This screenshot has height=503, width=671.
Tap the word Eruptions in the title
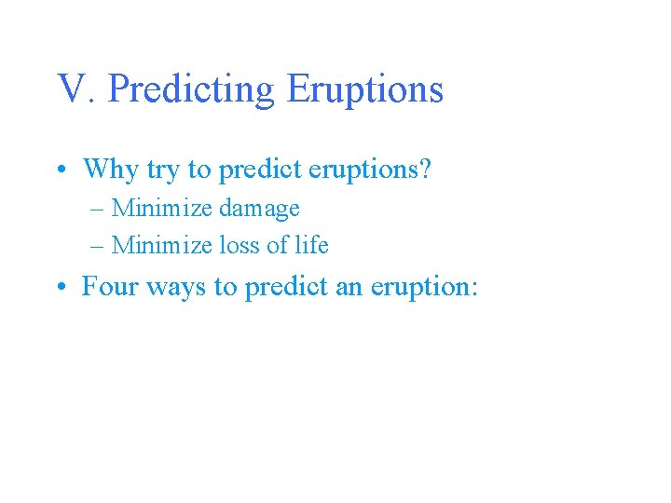[364, 90]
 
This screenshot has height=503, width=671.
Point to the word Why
[108, 170]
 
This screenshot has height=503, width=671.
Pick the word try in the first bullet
[158, 170]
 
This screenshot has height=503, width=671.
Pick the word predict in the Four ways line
[285, 288]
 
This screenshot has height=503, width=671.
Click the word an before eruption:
[348, 288]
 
